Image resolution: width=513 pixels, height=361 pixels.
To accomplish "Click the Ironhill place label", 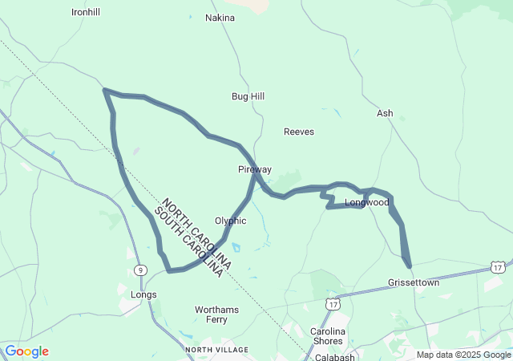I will (86, 12).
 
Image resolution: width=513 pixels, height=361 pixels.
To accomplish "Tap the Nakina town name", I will (220, 18).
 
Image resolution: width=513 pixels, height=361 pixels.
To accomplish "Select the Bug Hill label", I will (248, 96).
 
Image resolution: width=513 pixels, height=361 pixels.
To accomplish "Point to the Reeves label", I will (299, 132).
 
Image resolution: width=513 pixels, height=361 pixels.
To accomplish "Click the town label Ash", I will (385, 113).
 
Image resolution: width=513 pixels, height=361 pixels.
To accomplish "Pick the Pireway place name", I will (255, 169).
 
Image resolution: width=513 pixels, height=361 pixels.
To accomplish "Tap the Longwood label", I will (366, 202).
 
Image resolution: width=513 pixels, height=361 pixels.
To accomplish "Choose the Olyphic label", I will (231, 221).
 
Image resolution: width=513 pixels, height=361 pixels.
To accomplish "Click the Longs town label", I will (143, 294).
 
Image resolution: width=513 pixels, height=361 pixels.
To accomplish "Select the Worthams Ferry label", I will (217, 314).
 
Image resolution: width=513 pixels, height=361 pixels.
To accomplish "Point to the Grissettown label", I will (414, 283).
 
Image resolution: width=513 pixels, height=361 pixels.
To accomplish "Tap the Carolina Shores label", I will (327, 336).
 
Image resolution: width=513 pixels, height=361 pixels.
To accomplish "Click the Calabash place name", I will (335, 357).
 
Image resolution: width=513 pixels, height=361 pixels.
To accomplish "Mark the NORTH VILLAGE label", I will (216, 350).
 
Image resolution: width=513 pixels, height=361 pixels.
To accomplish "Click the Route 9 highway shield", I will (140, 270).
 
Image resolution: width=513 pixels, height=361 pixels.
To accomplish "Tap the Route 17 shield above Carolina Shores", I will (333, 303).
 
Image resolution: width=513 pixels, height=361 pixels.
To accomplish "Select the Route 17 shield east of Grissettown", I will (498, 266).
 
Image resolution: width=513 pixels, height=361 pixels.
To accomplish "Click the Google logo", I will (26, 351).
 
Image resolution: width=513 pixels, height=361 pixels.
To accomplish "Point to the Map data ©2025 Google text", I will (463, 355).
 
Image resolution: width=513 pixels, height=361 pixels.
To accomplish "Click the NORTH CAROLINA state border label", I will (196, 233).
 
